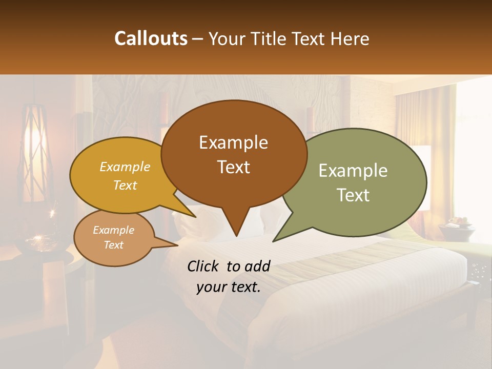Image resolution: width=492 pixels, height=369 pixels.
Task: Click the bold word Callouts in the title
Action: tap(151, 38)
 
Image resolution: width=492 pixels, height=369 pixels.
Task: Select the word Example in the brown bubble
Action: tap(233, 142)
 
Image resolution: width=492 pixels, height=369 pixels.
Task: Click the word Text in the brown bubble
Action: tap(233, 167)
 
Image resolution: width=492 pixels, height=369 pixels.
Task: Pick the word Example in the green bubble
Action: tap(353, 171)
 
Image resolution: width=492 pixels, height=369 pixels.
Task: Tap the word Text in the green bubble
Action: tap(353, 195)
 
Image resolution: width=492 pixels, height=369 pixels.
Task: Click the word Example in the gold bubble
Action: tap(125, 167)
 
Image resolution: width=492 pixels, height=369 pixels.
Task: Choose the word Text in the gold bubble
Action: tap(125, 185)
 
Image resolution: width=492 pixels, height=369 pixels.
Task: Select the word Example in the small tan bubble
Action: tap(113, 230)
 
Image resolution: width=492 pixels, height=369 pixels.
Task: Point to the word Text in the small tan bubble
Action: tap(113, 245)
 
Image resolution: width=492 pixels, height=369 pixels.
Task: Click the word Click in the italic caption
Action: tap(203, 266)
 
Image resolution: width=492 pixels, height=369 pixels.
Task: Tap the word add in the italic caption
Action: tap(257, 266)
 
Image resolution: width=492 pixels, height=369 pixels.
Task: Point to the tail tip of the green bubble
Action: tap(274, 240)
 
